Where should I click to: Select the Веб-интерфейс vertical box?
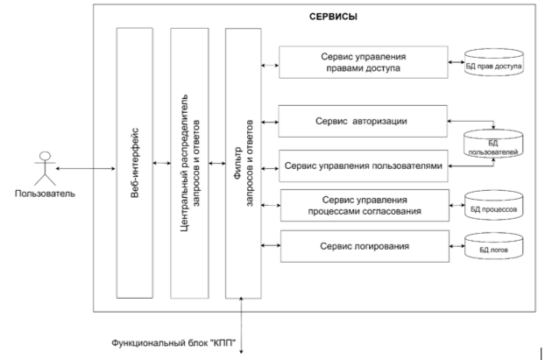tap(134, 162)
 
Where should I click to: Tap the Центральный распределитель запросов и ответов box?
tap(189, 162)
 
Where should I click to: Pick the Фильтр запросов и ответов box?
tap(242, 162)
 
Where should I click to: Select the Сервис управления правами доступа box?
tap(363, 63)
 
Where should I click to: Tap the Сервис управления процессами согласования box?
tap(363, 206)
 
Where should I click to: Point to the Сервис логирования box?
tap(363, 246)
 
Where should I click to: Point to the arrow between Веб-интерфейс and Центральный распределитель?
tap(161, 163)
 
